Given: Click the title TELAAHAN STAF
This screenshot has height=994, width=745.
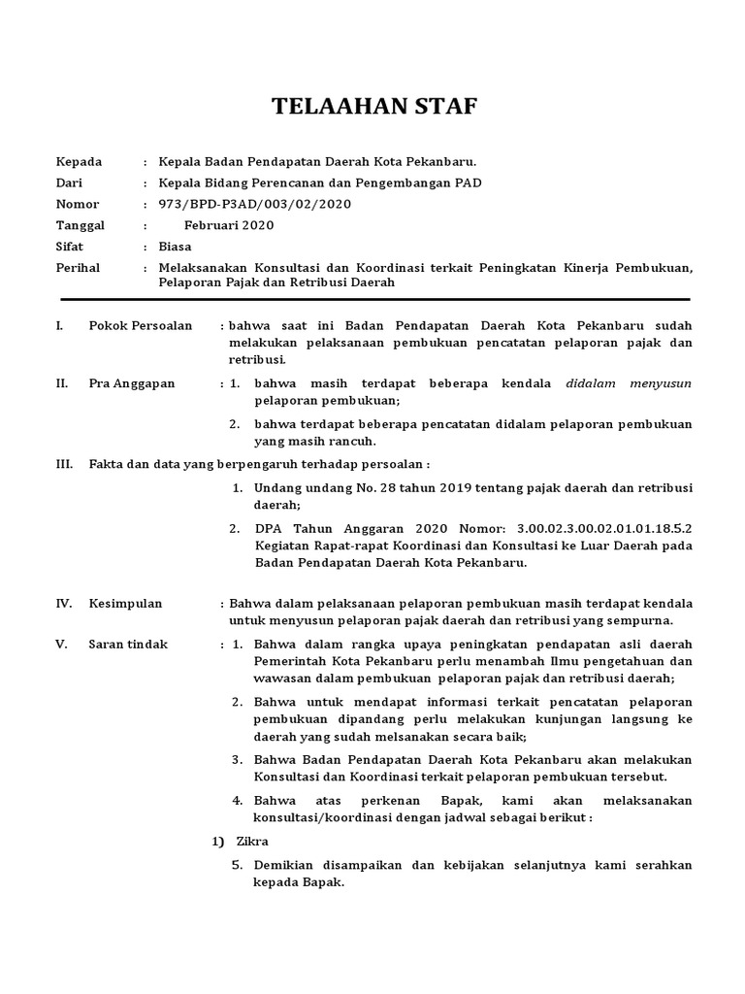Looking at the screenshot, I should (x=372, y=107).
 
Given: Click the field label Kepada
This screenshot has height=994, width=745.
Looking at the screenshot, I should (x=79, y=161).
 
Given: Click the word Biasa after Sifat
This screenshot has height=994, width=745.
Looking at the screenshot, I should (x=175, y=247).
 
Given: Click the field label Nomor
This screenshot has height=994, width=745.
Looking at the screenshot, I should (x=78, y=204).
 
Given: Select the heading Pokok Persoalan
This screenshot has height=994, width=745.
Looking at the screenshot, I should (x=140, y=325).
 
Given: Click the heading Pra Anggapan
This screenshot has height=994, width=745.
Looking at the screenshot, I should (x=132, y=383).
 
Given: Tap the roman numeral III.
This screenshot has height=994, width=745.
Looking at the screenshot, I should (x=65, y=465).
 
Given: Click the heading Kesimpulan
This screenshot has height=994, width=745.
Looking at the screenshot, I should (x=125, y=604).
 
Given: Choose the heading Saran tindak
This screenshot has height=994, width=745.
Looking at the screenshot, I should (x=128, y=645).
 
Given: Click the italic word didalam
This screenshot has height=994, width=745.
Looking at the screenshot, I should (x=593, y=383).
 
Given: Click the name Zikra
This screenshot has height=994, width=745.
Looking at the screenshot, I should (x=252, y=841).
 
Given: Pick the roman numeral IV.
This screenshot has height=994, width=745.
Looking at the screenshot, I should (x=64, y=604).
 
